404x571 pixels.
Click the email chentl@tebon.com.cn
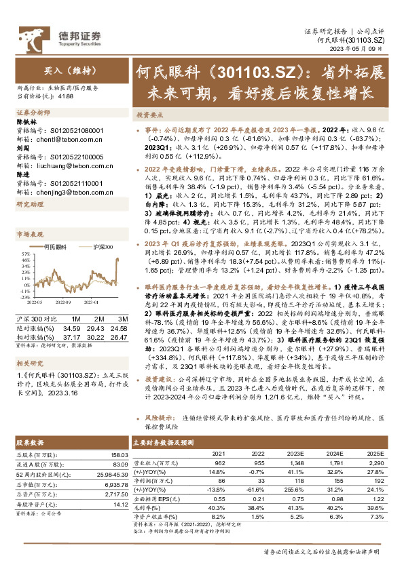[x=58, y=138]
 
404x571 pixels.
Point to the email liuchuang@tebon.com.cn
[x=63, y=164]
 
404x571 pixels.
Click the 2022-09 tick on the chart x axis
[x=66, y=302]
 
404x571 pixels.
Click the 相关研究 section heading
[x=31, y=363]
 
